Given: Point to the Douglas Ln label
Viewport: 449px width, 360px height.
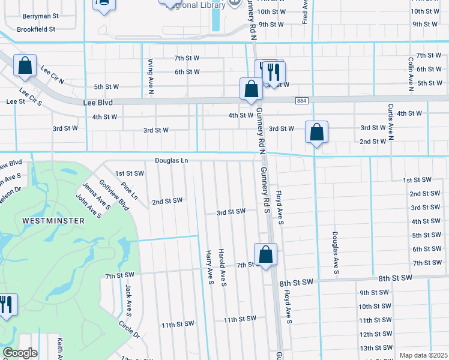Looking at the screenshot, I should tap(172, 160).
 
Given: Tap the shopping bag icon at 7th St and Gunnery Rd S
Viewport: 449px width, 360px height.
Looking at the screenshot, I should tap(265, 254).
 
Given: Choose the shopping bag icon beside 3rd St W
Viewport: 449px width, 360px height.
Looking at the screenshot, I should tap(316, 133).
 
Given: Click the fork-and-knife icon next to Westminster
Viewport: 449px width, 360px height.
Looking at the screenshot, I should tap(6, 305).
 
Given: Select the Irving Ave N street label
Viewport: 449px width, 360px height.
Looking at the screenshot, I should tap(151, 77).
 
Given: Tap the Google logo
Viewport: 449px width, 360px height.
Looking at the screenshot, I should tap(20, 353).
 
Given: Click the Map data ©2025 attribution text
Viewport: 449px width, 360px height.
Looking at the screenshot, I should tap(423, 355).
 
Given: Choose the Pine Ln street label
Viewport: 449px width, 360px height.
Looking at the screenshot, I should tap(129, 191).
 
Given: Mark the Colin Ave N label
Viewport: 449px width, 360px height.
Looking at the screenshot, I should tap(411, 74).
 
